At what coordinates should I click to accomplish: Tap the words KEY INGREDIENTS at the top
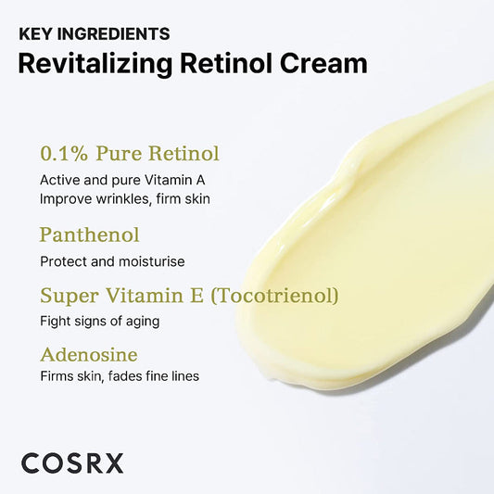(x=94, y=34)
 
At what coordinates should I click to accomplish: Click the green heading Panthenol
(x=90, y=234)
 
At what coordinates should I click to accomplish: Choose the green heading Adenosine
(x=89, y=354)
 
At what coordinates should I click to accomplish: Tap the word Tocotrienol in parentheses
(x=285, y=296)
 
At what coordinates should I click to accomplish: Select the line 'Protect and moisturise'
(x=112, y=261)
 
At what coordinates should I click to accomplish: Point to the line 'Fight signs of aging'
(x=100, y=321)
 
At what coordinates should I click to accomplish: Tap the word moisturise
(x=153, y=261)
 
